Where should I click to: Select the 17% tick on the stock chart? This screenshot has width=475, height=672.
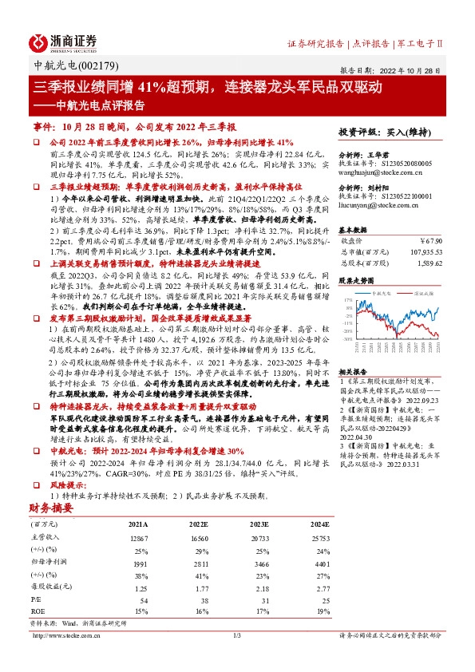(348, 300)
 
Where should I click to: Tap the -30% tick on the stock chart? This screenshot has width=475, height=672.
(347, 338)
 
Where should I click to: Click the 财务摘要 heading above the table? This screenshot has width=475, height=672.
(50, 508)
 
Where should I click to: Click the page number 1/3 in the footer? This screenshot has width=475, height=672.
(237, 635)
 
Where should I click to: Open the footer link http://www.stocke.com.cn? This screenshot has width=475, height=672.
(66, 635)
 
